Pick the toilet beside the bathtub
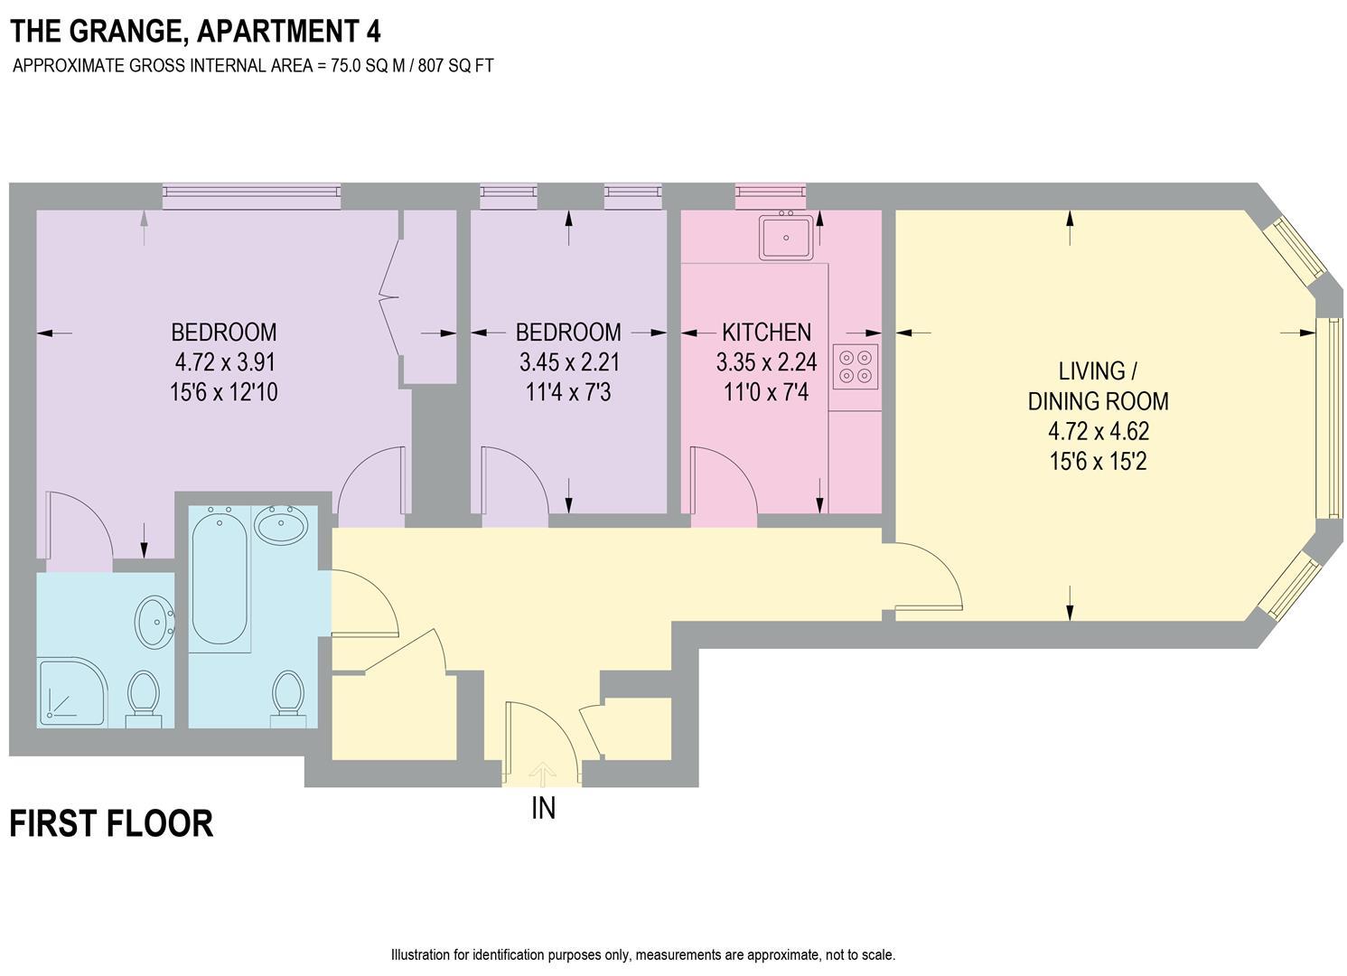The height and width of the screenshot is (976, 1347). [287, 697]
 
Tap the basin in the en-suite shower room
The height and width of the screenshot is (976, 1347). [154, 621]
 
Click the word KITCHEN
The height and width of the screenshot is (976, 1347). [766, 333]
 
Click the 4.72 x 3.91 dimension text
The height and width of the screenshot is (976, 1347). [225, 362]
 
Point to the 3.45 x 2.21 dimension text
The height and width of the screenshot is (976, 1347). [568, 362]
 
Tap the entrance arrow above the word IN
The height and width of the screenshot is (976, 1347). [542, 773]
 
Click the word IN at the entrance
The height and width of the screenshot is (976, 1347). [543, 807]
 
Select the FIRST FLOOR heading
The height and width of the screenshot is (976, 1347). [111, 824]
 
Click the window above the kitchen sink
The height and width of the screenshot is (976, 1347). [770, 192]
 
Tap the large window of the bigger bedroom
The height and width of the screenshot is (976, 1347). [251, 192]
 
